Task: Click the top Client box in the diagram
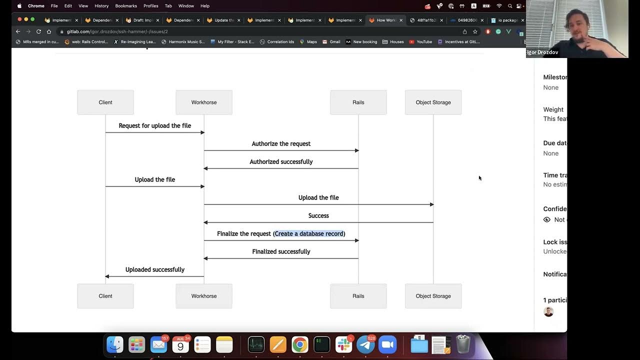tap(105, 102)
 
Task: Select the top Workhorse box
tap(204, 102)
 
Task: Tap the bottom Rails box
tap(358, 296)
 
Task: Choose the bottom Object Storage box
tap(433, 296)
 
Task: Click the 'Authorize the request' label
tap(281, 144)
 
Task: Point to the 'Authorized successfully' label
tap(281, 162)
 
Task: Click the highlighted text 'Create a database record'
tap(309, 234)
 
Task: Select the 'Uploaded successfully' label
tap(155, 270)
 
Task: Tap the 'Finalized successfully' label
tap(281, 252)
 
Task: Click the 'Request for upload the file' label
tap(155, 126)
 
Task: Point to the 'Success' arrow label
tap(318, 216)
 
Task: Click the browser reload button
tap(38, 31)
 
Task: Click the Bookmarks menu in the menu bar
tap(125, 6)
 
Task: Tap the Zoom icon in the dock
tap(387, 344)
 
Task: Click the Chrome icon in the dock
tap(300, 344)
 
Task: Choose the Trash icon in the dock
tap(463, 344)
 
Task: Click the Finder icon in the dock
tap(115, 344)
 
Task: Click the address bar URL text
tap(117, 31)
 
